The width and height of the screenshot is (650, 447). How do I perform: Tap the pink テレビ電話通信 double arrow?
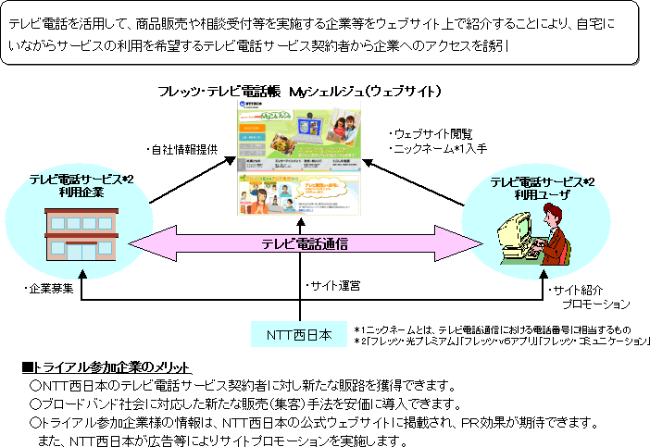pyautogui.click(x=305, y=244)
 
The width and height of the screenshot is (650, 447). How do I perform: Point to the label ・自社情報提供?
pyautogui.click(x=182, y=148)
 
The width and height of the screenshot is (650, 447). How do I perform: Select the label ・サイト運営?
pyautogui.click(x=333, y=285)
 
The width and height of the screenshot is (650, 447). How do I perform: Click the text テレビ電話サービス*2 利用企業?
pyautogui.click(x=81, y=186)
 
